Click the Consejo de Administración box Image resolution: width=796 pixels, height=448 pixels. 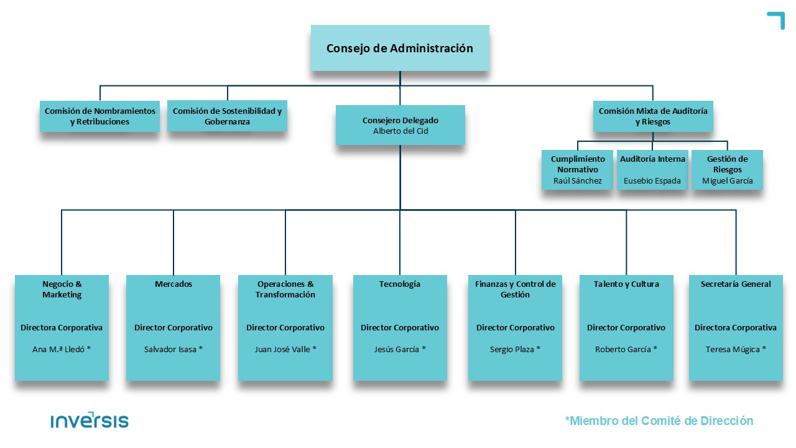pyautogui.click(x=400, y=48)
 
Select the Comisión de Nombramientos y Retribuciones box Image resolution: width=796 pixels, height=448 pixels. pyautogui.click(x=100, y=116)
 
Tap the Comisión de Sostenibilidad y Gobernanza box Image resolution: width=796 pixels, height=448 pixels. pyautogui.click(x=227, y=116)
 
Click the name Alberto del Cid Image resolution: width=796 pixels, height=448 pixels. pyautogui.click(x=400, y=131)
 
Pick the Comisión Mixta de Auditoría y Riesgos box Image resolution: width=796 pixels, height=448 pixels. pyautogui.click(x=653, y=116)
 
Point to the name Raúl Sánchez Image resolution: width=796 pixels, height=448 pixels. pyautogui.click(x=578, y=180)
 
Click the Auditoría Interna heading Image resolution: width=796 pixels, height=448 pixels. pyautogui.click(x=652, y=159)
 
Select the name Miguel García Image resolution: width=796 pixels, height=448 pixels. pyautogui.click(x=728, y=180)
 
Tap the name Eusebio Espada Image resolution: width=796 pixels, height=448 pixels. pyautogui.click(x=652, y=180)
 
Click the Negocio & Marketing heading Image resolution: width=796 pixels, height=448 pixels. pyautogui.click(x=62, y=289)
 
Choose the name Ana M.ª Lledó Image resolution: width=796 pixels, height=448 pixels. pyautogui.click(x=62, y=349)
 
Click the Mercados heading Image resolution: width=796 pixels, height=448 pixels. pyautogui.click(x=174, y=284)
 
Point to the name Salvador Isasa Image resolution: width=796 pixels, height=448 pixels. pyautogui.click(x=174, y=349)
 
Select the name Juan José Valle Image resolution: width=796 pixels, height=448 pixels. pyautogui.click(x=285, y=349)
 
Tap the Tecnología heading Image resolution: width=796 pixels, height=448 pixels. pyautogui.click(x=400, y=284)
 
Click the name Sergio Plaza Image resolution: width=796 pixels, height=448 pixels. pyautogui.click(x=515, y=349)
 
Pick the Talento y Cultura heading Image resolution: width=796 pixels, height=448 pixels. pyautogui.click(x=626, y=284)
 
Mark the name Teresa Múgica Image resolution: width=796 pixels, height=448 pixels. pyautogui.click(x=736, y=349)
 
